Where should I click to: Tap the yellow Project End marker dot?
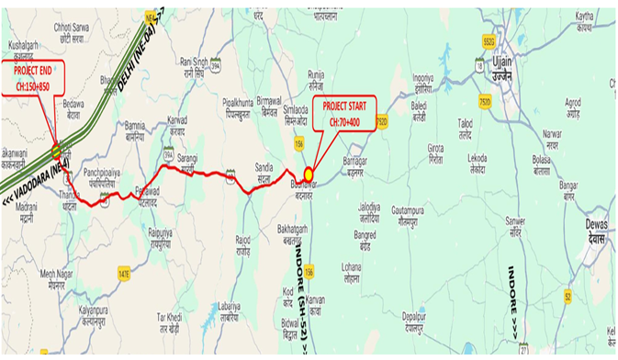click(x=56, y=151)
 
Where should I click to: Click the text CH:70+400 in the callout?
click(x=344, y=121)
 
